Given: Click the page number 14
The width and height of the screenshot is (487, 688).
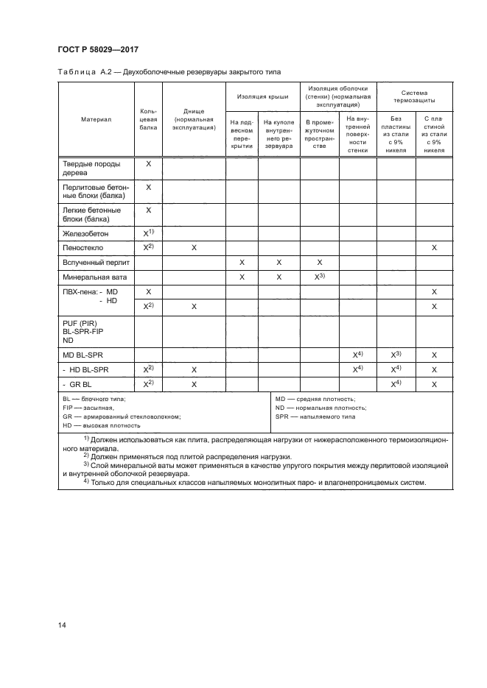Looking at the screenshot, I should click(62, 625).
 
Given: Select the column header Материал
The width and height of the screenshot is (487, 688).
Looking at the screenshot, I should click(96, 119).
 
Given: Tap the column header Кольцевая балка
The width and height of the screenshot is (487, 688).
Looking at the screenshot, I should click(148, 119).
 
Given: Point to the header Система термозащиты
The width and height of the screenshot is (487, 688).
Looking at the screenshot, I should click(414, 96).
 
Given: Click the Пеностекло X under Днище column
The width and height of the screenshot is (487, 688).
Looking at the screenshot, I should click(194, 247).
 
